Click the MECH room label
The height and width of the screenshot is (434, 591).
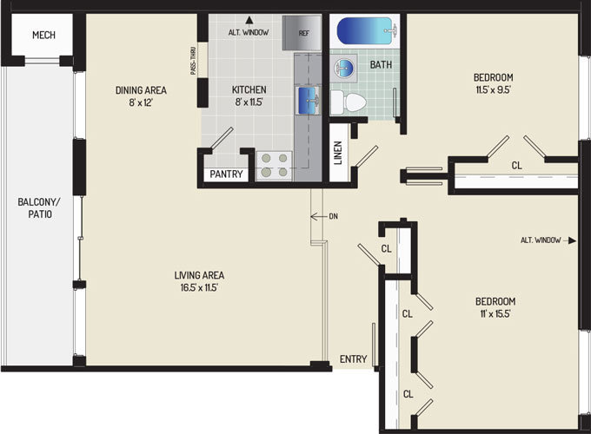click(43, 35)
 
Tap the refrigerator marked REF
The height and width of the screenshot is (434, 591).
click(302, 33)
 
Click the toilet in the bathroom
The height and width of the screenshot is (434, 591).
click(349, 102)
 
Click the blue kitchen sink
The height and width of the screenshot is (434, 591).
click(309, 101)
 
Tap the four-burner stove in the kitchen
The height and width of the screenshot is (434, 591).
click(274, 166)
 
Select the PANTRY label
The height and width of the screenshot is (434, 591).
click(226, 174)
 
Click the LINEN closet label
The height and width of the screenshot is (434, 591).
click(338, 153)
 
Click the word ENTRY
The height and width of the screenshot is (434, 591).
click(353, 359)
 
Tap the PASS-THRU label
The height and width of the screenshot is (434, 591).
click(193, 61)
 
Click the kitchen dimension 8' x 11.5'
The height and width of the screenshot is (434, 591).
click(249, 102)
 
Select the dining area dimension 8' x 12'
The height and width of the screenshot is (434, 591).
click(141, 102)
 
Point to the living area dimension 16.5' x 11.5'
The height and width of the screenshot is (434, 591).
click(199, 288)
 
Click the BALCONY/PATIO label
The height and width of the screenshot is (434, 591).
click(39, 208)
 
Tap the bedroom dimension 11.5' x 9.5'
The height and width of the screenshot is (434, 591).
click(493, 90)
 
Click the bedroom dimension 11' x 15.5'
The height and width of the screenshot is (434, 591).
click(495, 313)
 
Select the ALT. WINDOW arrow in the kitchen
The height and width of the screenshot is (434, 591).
click(249, 20)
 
